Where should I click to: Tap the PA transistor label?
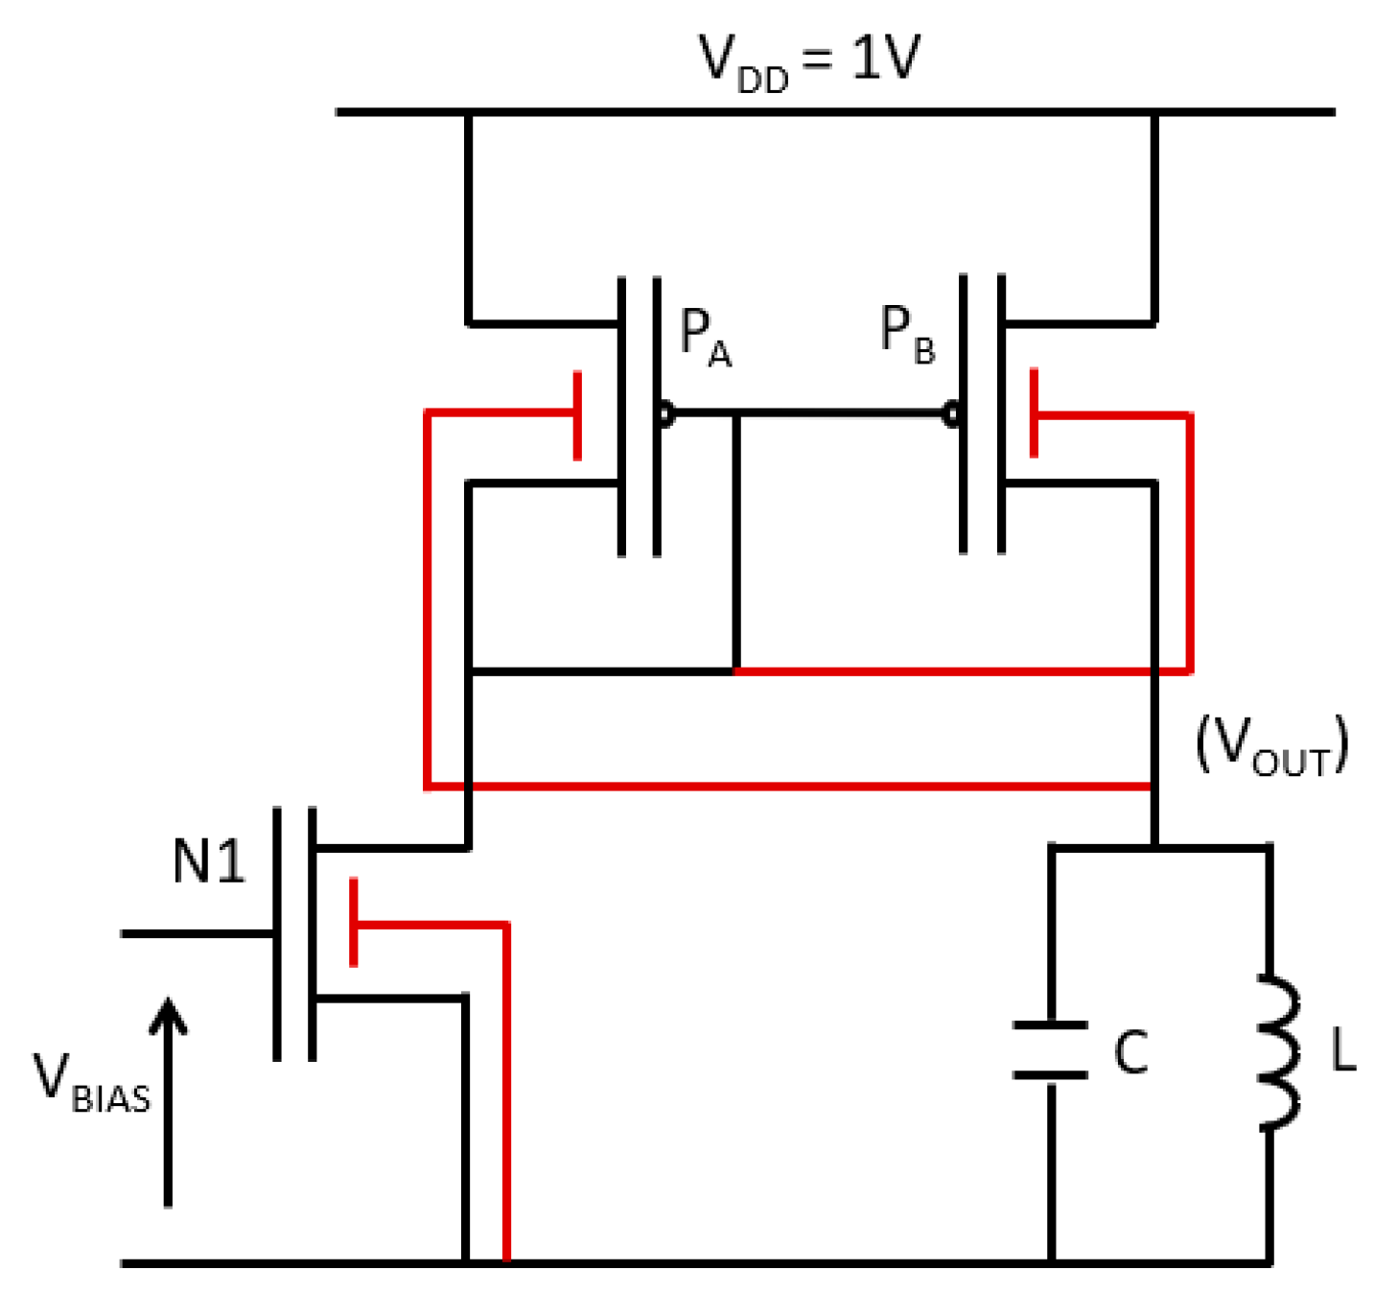(705, 337)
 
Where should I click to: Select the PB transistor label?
(906, 335)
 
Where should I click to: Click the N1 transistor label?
(208, 860)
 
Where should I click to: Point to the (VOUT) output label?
(1271, 745)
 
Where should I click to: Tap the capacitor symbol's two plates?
(1051, 1050)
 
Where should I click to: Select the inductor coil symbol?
(1280, 1052)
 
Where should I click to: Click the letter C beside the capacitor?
(1131, 1052)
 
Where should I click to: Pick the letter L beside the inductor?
(1342, 1052)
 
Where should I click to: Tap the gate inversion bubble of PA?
(664, 414)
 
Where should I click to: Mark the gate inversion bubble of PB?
(951, 414)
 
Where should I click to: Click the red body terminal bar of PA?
(577, 416)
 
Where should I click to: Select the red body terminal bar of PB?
(1034, 413)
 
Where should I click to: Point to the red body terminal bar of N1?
(354, 922)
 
